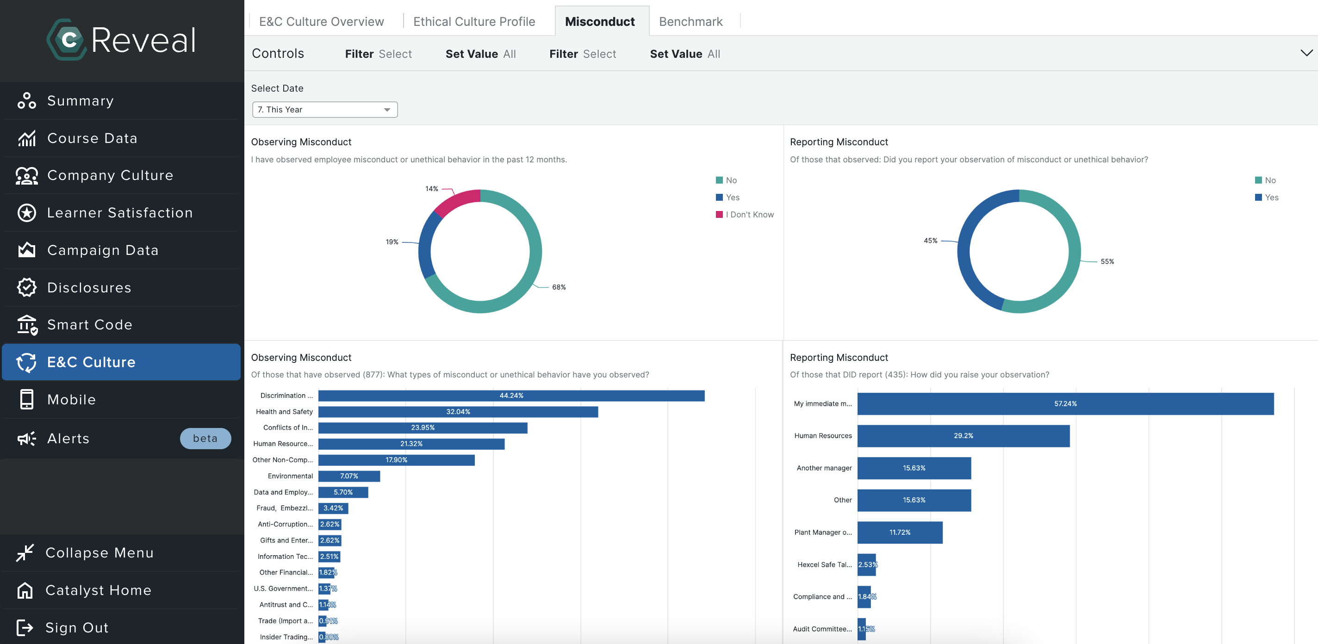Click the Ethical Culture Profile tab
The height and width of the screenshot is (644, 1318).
[x=474, y=21]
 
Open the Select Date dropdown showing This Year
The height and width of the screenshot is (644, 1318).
[x=324, y=110]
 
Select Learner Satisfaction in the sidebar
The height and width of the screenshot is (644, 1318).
[x=120, y=213]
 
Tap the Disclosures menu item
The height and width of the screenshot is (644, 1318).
[x=89, y=287]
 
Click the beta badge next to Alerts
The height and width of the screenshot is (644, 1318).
[x=205, y=439]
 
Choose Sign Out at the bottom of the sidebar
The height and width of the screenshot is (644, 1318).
[x=77, y=628]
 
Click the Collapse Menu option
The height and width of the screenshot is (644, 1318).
[x=99, y=553]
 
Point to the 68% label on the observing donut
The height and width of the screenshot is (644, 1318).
[x=559, y=287]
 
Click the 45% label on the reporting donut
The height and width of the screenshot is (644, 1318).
[x=930, y=241]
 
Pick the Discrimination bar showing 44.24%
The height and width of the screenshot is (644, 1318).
[x=510, y=396]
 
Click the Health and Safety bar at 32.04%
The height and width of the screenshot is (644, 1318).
[x=458, y=412]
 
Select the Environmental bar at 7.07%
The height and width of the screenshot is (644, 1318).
[x=349, y=476]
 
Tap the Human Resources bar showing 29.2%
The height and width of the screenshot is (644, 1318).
[x=963, y=436]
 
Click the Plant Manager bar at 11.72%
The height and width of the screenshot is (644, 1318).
[x=900, y=533]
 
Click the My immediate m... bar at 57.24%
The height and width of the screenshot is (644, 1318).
[x=1065, y=403]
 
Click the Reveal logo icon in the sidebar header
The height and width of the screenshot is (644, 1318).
[x=68, y=40]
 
